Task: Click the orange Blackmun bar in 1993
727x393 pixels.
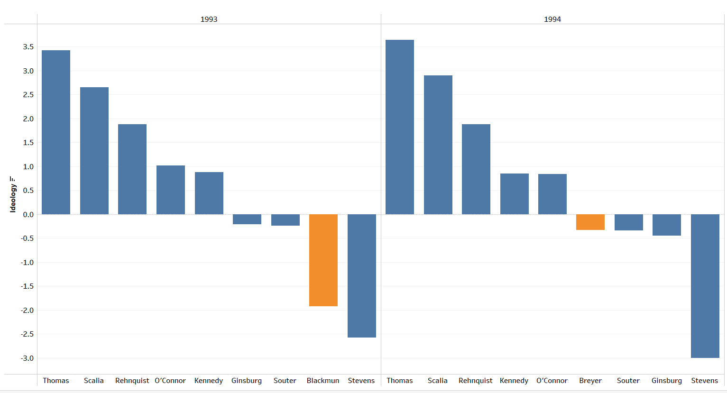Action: (323, 260)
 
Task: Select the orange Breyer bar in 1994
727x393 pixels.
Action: (590, 222)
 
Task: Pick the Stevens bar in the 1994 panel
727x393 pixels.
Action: (705, 286)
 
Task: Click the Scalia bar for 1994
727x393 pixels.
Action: (438, 145)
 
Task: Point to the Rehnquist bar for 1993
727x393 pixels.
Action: (132, 169)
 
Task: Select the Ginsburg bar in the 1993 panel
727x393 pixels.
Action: (247, 219)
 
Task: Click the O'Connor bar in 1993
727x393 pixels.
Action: (171, 190)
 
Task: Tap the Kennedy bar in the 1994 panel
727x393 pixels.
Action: (514, 193)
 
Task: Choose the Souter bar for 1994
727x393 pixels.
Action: (628, 222)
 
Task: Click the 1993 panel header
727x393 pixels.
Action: (209, 19)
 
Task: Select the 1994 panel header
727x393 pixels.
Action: (552, 19)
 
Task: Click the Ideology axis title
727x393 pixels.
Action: (13, 194)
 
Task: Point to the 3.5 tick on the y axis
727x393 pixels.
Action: (28, 47)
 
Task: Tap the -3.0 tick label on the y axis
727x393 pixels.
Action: (27, 358)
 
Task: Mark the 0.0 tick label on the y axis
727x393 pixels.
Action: (28, 215)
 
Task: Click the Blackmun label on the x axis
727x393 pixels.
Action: (323, 381)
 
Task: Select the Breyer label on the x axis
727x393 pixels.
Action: (590, 381)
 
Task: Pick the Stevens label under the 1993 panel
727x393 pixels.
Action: (361, 381)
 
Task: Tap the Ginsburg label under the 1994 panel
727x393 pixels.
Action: (666, 381)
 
